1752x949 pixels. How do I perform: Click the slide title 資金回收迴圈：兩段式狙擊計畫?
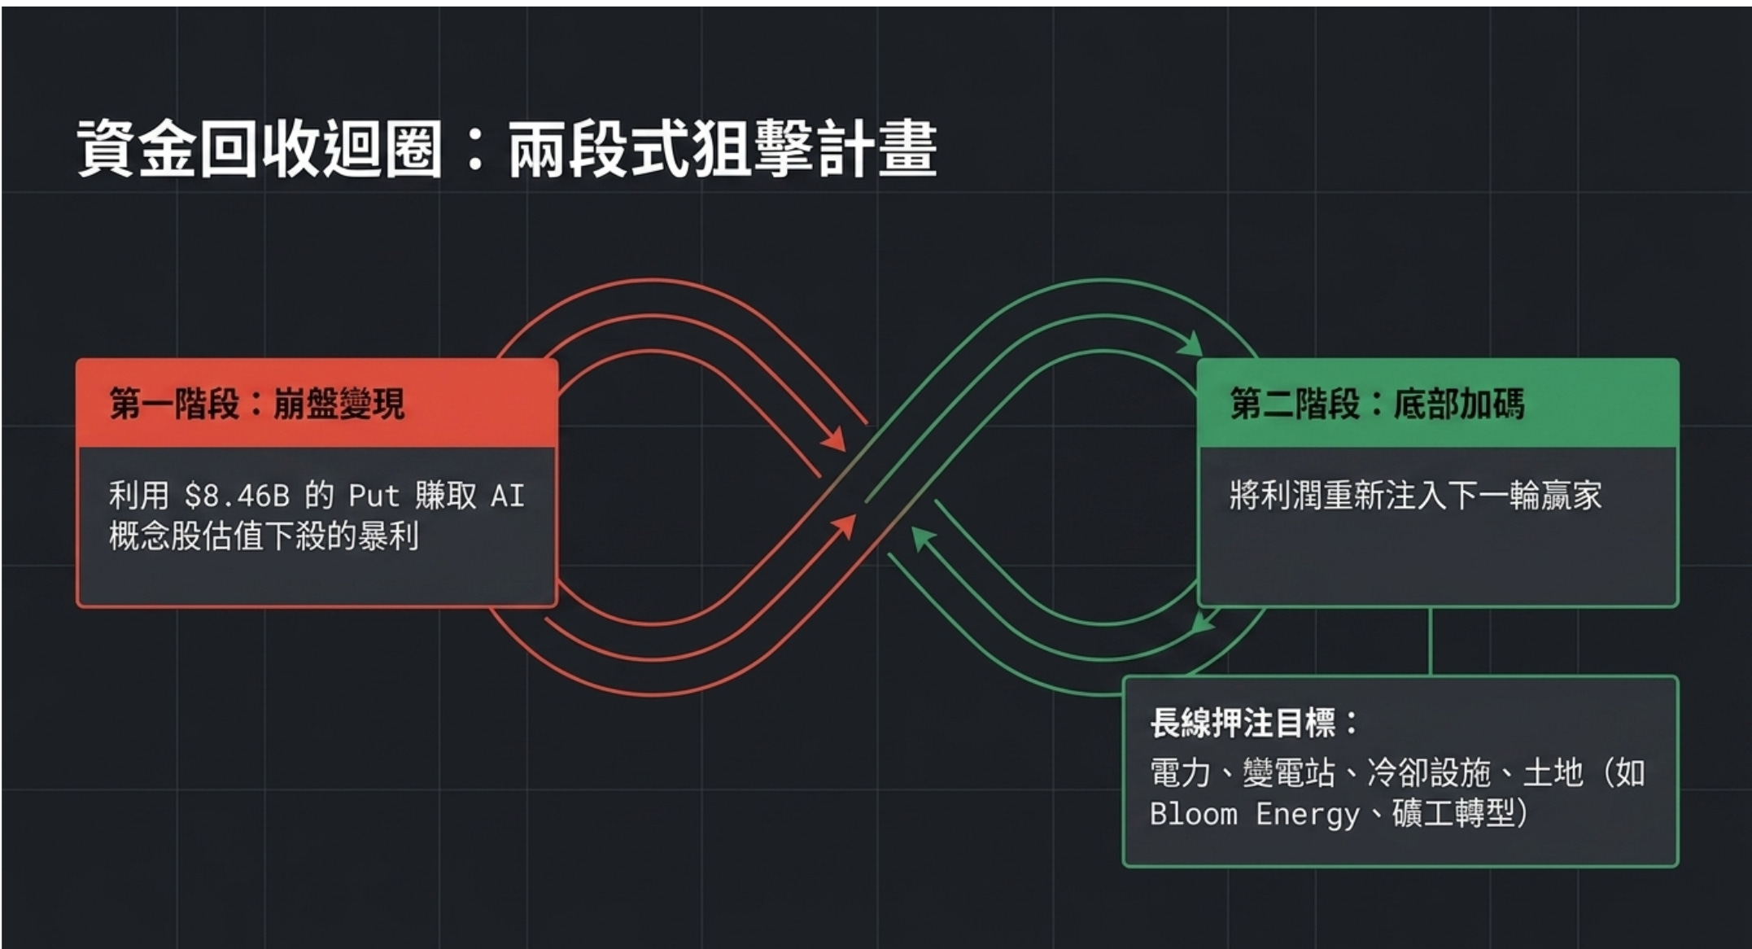click(507, 148)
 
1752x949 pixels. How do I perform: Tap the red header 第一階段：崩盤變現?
click(257, 404)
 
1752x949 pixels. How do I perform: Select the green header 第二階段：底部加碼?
click(1377, 404)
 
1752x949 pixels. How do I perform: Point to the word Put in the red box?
click(374, 496)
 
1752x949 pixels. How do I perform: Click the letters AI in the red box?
click(508, 496)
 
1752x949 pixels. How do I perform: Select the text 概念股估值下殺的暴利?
click(264, 536)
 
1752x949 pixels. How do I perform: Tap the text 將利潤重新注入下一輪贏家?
click(1416, 496)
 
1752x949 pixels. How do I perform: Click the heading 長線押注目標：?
click(1254, 723)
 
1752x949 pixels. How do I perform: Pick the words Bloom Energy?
click(1254, 814)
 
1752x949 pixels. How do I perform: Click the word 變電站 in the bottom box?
click(1289, 772)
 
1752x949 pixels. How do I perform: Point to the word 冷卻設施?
click(1429, 772)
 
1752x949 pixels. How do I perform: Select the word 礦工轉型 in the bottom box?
click(1453, 813)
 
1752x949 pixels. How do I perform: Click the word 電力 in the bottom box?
click(1181, 772)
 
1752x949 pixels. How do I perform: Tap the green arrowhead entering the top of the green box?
click(1191, 344)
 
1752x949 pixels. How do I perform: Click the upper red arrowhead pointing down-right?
click(833, 438)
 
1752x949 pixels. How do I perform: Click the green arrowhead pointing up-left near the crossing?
click(922, 539)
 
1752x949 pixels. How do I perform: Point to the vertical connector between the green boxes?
click(1430, 641)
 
